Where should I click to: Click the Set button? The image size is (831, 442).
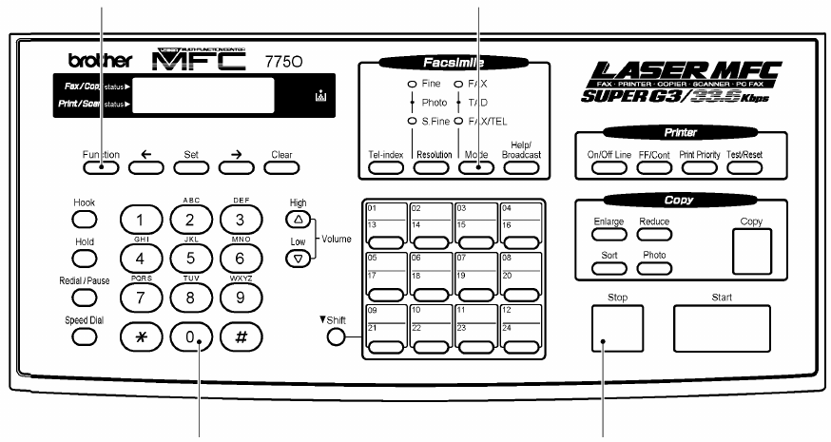pos(190,169)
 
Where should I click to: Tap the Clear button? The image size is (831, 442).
pos(280,169)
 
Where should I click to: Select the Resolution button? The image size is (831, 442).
pos(434,167)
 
